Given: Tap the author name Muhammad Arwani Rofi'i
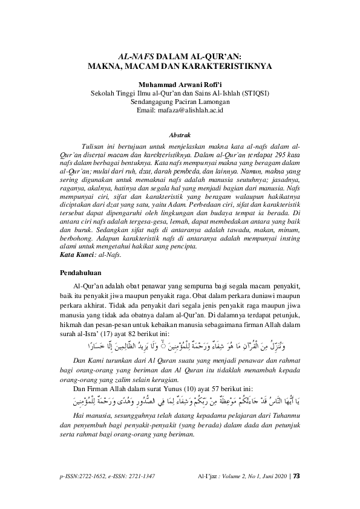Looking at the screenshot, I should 180,85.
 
